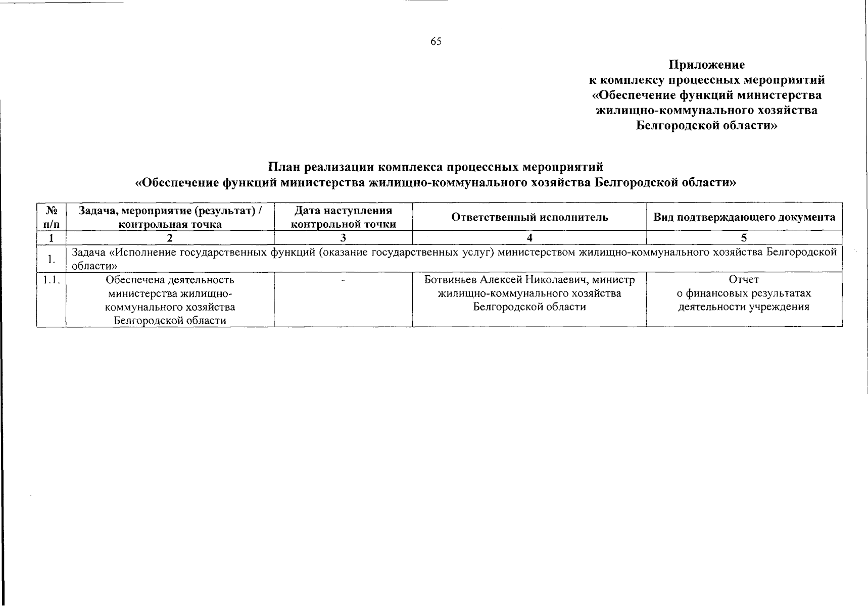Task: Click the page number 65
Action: point(436,42)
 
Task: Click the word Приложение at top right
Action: point(706,65)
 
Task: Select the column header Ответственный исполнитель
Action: point(529,217)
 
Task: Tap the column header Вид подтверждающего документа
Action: point(744,217)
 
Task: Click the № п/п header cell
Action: point(51,217)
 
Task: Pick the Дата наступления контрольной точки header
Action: point(343,217)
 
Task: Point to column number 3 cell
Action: point(343,238)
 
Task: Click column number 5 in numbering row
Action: point(744,238)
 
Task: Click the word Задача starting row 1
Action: point(88,252)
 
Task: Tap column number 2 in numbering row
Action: point(170,238)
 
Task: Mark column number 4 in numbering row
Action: point(529,238)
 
